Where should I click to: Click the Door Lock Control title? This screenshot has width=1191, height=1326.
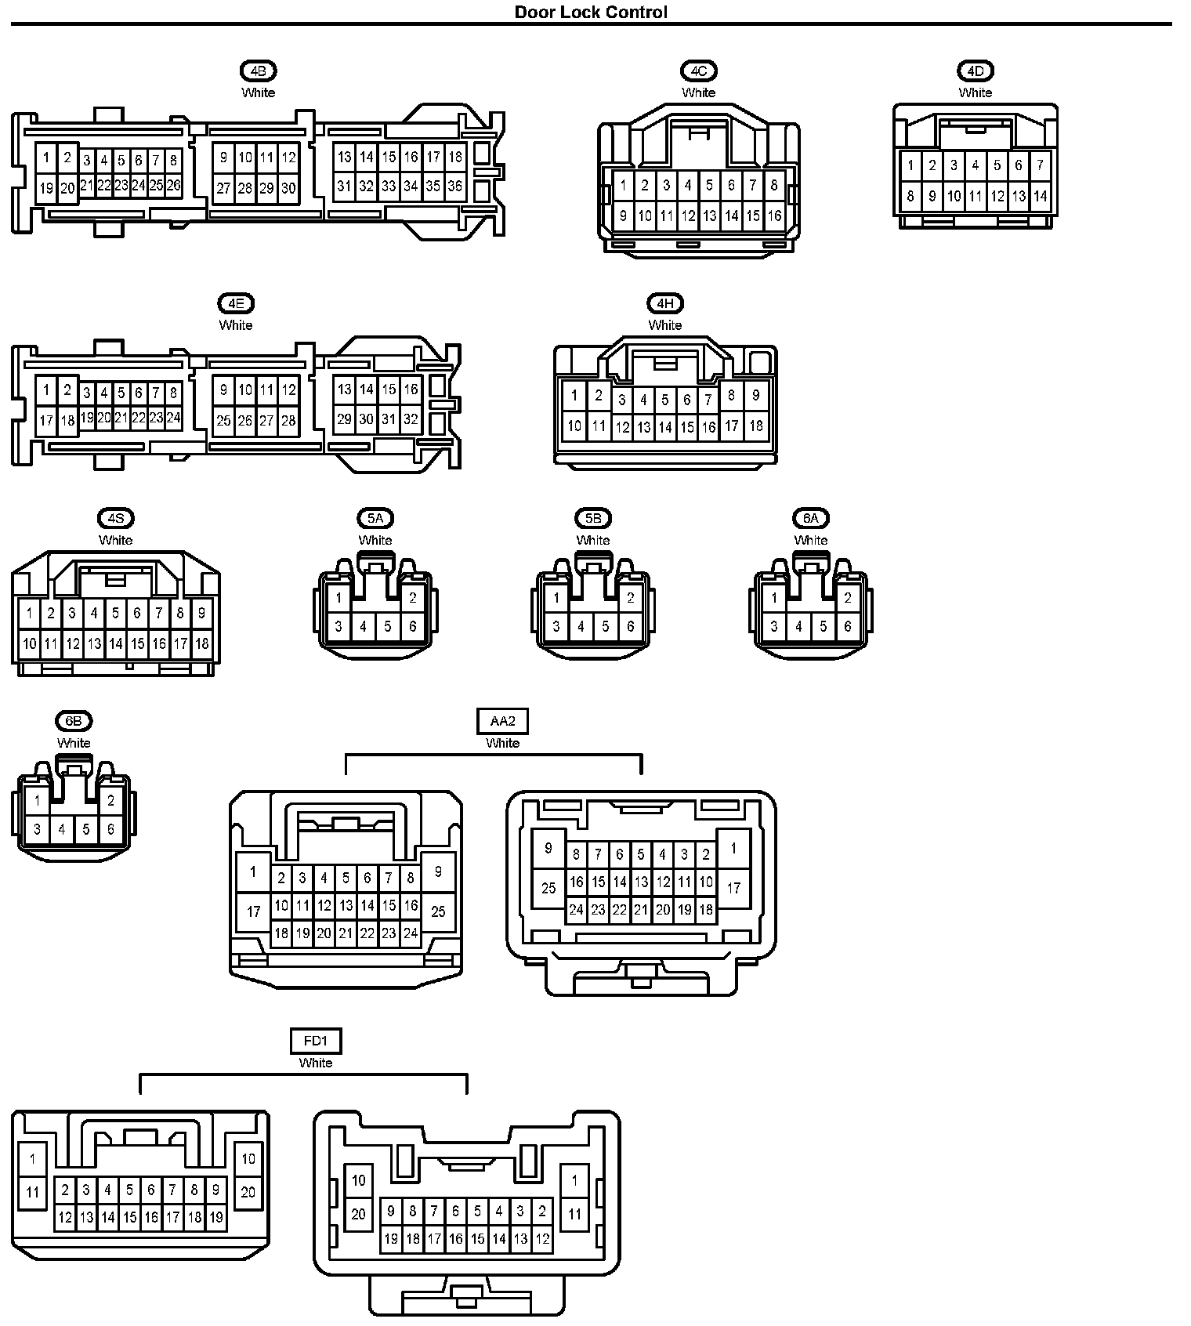pyautogui.click(x=591, y=12)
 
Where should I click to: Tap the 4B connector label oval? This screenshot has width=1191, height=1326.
pyautogui.click(x=258, y=71)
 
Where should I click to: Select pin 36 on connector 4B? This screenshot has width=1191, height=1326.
pyautogui.click(x=454, y=187)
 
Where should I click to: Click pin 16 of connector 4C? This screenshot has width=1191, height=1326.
pyautogui.click(x=774, y=216)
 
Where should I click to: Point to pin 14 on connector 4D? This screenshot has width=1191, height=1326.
pyautogui.click(x=1040, y=196)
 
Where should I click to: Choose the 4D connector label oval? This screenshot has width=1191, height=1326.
pyautogui.click(x=975, y=71)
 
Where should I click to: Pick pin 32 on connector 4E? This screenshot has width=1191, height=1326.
pyautogui.click(x=411, y=419)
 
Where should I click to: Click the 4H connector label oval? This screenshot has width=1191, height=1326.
pyautogui.click(x=664, y=303)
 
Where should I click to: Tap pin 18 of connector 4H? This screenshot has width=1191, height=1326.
pyautogui.click(x=755, y=426)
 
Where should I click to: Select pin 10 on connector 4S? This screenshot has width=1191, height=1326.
pyautogui.click(x=29, y=643)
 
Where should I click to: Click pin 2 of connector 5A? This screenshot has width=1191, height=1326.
pyautogui.click(x=412, y=598)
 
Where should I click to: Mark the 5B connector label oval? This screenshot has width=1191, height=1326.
pyautogui.click(x=592, y=518)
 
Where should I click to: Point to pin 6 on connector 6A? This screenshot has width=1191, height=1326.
pyautogui.click(x=847, y=626)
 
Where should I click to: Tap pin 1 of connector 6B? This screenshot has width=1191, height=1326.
pyautogui.click(x=37, y=800)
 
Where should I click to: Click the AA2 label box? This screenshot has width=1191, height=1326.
pyautogui.click(x=502, y=721)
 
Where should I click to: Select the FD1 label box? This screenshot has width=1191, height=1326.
pyautogui.click(x=316, y=1041)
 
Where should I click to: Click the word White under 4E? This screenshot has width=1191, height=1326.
pyautogui.click(x=236, y=325)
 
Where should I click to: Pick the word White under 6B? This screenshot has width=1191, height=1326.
pyautogui.click(x=74, y=743)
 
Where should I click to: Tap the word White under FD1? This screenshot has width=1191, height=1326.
pyautogui.click(x=316, y=1063)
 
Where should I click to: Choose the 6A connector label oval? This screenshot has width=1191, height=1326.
pyautogui.click(x=810, y=518)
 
